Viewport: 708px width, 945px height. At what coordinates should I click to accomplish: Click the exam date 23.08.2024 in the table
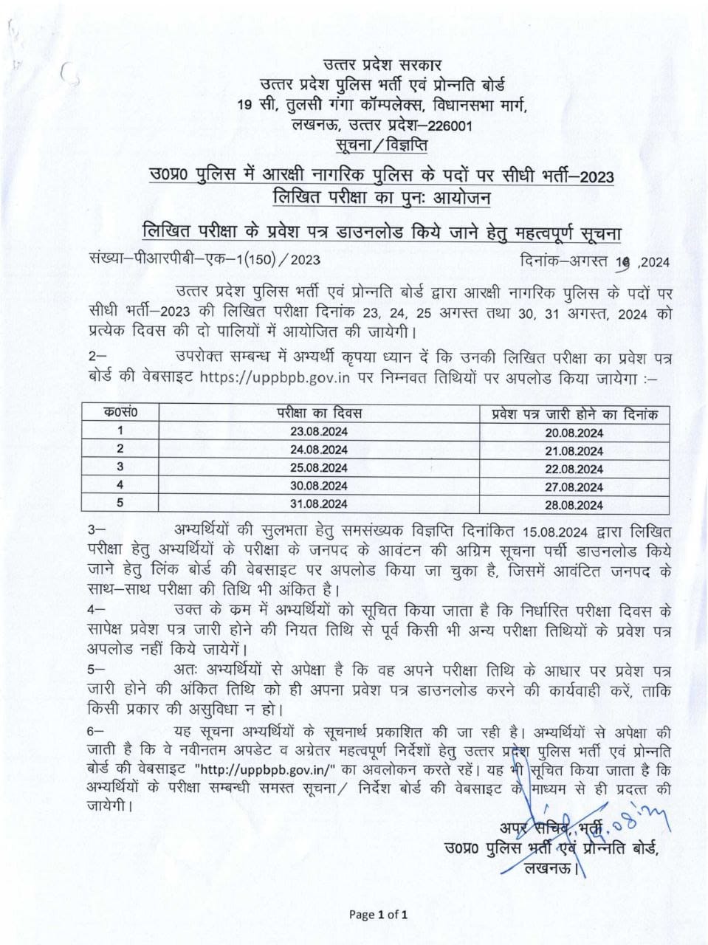(318, 431)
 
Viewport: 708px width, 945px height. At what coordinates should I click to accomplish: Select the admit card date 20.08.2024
(574, 433)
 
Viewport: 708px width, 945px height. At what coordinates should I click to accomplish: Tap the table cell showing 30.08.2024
(318, 486)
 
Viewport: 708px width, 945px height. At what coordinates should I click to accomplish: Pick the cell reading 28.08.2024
(574, 506)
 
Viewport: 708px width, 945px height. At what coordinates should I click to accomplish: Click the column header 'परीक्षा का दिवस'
(319, 413)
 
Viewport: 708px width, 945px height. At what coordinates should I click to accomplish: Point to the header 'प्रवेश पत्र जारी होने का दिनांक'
(574, 413)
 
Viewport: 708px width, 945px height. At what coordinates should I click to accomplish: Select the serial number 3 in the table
(120, 467)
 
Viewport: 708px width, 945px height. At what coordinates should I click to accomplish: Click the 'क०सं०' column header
(120, 413)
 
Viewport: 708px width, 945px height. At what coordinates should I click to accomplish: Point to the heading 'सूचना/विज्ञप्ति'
(382, 144)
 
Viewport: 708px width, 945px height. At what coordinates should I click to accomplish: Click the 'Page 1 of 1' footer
(379, 915)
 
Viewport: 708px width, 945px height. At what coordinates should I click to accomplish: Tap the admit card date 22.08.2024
(574, 469)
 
